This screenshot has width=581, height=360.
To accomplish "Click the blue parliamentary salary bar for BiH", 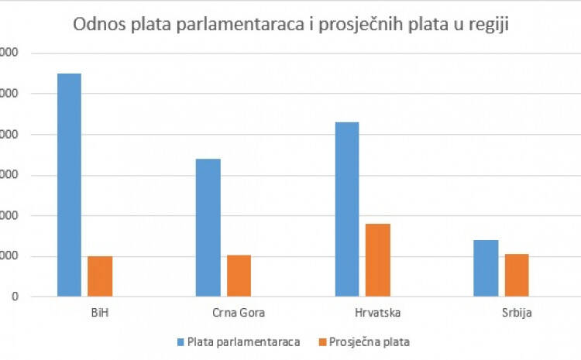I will coord(69,184).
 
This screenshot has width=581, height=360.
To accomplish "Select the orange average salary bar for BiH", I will coord(99,276).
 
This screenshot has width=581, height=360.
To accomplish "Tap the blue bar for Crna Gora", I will coord(208,227).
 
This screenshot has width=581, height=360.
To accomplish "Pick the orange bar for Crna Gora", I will coord(239,275).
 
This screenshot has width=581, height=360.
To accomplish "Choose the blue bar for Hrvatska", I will coord(347,209).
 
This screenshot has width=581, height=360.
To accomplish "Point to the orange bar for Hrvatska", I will coord(378,259).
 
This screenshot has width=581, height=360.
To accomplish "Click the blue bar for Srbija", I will coord(486,268).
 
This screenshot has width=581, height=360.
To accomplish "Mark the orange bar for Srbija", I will coord(517,275).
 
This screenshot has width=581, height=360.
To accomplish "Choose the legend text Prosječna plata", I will coord(369,341).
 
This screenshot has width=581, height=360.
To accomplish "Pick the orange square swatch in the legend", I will coord(321,341).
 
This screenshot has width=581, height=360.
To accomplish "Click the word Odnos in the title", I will coord(95,25).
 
